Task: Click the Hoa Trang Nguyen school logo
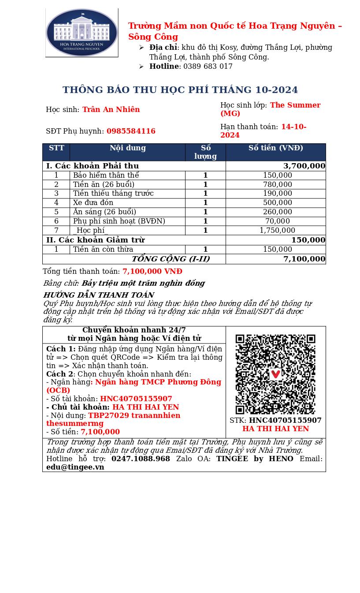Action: point(82,33)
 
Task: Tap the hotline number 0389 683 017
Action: point(208,67)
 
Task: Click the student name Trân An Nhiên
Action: point(111,110)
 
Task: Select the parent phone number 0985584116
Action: point(131,131)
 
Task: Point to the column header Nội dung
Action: point(127,148)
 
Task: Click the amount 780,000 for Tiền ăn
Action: point(277,185)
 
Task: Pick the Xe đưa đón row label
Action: point(93,203)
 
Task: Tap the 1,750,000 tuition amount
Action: point(277,231)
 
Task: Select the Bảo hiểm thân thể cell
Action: point(106,175)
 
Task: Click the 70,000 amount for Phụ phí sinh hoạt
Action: point(277,221)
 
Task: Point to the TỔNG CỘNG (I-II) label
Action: point(171,259)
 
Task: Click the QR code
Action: point(275,374)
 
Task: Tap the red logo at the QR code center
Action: point(275,374)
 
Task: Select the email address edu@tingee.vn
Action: point(75,467)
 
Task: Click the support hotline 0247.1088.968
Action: point(141,459)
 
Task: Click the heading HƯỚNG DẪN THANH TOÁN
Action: point(98,295)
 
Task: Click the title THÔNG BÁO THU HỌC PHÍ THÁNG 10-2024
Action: point(180,90)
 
